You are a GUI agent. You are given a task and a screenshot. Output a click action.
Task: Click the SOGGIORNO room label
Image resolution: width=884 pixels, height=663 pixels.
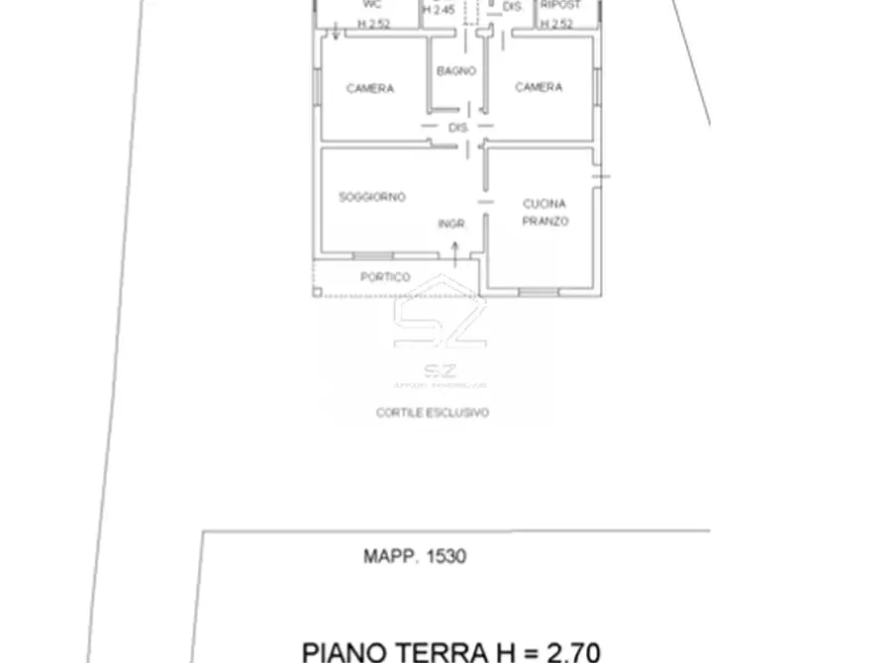click(372, 197)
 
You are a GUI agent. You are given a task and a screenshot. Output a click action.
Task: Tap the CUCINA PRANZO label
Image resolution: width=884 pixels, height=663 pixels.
click(545, 213)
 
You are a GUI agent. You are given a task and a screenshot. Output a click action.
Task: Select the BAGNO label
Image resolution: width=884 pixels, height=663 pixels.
click(456, 71)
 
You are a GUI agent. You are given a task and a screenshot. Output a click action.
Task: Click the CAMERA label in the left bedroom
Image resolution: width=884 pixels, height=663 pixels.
click(370, 88)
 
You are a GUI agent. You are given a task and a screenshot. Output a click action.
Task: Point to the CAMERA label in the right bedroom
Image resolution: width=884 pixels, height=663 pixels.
click(539, 87)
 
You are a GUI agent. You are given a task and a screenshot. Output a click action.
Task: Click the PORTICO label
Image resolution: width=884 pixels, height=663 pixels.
click(385, 277)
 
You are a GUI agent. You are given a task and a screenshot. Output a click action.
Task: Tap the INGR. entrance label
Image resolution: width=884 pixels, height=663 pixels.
click(451, 224)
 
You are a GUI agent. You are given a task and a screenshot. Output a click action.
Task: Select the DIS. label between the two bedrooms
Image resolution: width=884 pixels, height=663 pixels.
click(457, 129)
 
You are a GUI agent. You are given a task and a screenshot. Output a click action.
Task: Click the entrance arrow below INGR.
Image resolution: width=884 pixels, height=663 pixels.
click(455, 254)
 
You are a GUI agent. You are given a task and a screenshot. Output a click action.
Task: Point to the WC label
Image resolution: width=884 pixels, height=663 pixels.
click(372, 5)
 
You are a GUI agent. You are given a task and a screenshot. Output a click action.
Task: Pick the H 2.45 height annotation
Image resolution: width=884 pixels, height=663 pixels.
click(439, 9)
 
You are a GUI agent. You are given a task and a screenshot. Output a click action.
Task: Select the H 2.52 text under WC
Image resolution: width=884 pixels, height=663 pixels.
click(373, 23)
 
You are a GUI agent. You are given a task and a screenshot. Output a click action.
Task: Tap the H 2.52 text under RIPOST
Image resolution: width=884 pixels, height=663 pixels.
click(556, 23)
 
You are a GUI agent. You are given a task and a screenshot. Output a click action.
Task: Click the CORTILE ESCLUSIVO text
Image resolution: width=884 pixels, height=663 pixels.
click(432, 413)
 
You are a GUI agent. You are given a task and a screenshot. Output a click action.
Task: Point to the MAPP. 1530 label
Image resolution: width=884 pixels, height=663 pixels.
click(414, 556)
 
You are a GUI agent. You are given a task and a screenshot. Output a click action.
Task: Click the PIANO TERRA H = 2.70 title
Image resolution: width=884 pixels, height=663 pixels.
click(450, 651)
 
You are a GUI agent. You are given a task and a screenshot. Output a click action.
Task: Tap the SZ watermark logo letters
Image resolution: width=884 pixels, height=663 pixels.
click(440, 321)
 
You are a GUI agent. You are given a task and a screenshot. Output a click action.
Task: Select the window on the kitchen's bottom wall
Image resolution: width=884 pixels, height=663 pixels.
click(539, 291)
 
